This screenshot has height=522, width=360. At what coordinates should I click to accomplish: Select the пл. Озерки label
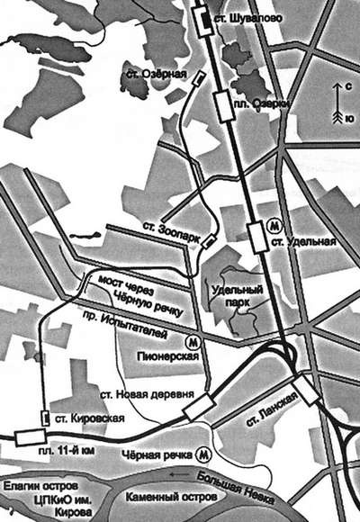pyautogui.click(x=264, y=104)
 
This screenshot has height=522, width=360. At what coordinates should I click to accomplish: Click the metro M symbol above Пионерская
pyautogui.click(x=191, y=343)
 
